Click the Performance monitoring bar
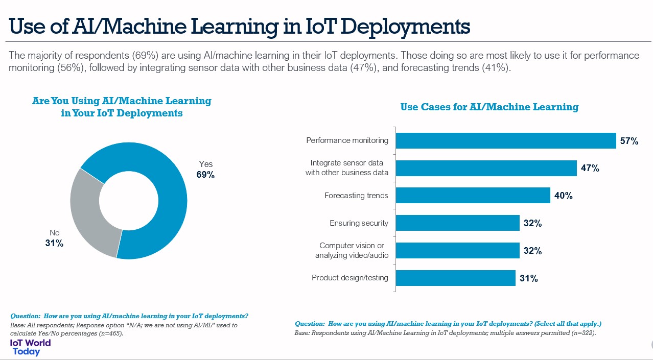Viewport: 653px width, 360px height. (506, 140)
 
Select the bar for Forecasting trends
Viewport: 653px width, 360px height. (473, 196)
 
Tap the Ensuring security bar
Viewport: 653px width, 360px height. (458, 223)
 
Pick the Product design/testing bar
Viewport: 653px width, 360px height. (455, 278)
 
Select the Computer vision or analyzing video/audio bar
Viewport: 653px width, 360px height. (458, 251)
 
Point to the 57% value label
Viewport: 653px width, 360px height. (629, 141)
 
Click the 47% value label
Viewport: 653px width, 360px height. (590, 168)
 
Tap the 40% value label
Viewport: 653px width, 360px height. (563, 196)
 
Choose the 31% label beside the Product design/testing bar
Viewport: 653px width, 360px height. (528, 278)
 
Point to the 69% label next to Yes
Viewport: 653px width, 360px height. (205, 175)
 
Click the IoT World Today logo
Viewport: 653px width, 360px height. (30, 347)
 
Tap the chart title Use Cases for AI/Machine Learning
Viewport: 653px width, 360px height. (489, 107)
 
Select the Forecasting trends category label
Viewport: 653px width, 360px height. (356, 196)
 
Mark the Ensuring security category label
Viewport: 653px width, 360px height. (359, 223)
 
